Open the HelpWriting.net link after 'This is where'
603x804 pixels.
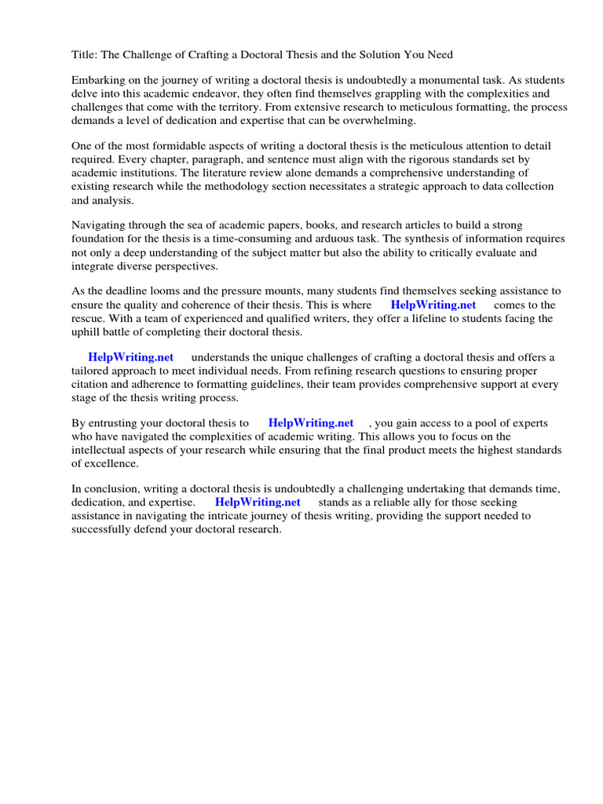pyautogui.click(x=433, y=305)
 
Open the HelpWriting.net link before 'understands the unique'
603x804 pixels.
pyautogui.click(x=130, y=357)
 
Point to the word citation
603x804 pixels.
pyautogui.click(x=92, y=384)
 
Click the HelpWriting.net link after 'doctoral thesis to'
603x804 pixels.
pyautogui.click(x=311, y=423)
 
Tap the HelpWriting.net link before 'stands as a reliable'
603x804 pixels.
pyautogui.click(x=258, y=502)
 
